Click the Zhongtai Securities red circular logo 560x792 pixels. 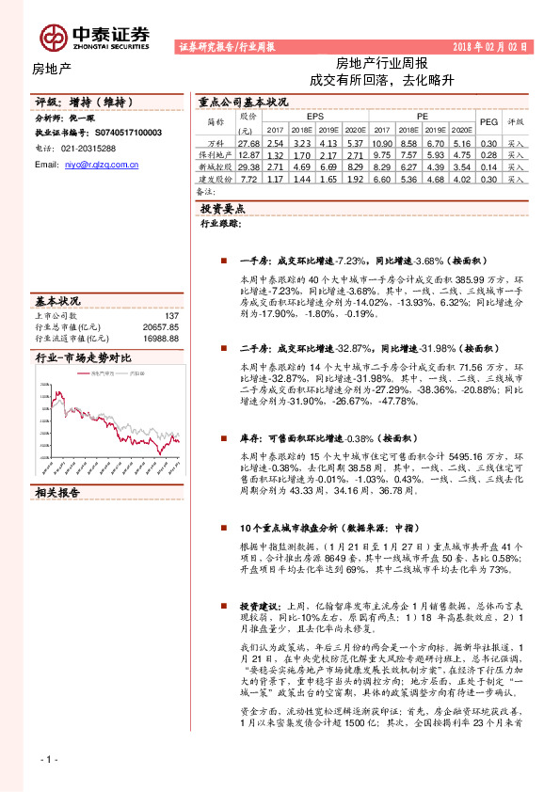(x=52, y=36)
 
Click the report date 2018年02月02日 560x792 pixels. (x=489, y=45)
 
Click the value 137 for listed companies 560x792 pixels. (x=170, y=317)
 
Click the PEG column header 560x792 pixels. (x=488, y=121)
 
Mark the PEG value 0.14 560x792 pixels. (x=488, y=165)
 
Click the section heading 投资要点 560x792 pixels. (x=222, y=208)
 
